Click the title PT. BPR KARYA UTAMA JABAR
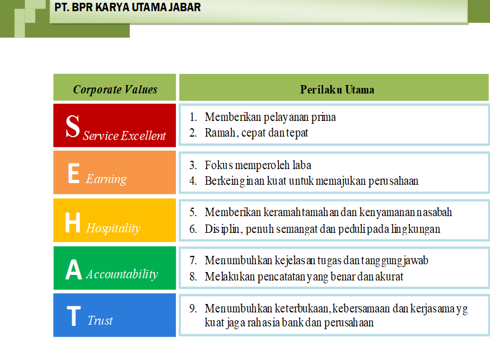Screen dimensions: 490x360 [128, 7]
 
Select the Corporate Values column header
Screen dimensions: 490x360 [115, 90]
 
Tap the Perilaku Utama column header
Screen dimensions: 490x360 [337, 90]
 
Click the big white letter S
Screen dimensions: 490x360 [73, 126]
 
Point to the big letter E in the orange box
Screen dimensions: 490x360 [74, 173]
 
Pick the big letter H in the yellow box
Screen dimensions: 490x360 [73, 222]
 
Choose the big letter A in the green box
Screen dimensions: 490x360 [74, 269]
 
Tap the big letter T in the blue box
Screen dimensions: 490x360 [74, 316]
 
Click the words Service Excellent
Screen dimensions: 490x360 [124, 135]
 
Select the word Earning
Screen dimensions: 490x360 [106, 179]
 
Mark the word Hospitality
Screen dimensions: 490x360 [113, 228]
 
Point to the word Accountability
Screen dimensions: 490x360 [122, 274]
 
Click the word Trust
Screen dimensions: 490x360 [100, 321]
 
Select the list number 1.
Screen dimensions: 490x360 [193, 117]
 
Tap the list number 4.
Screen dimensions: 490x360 [193, 181]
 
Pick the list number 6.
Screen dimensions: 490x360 [193, 229]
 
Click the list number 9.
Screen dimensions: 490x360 [193, 308]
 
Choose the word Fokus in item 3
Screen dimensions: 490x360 [219, 165]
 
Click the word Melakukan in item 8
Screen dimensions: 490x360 [230, 277]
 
